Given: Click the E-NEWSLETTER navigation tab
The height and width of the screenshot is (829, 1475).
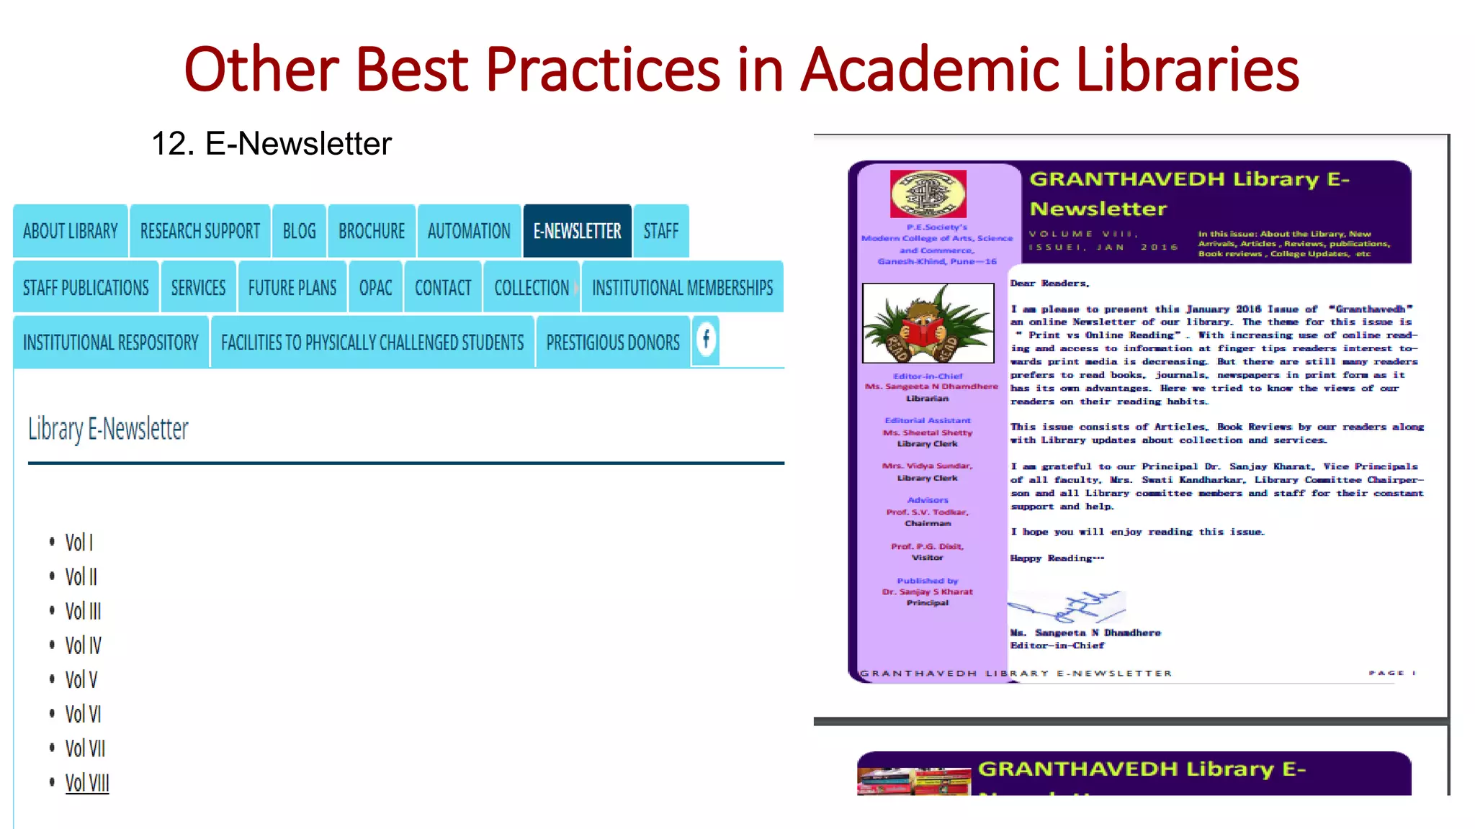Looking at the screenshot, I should [x=577, y=231].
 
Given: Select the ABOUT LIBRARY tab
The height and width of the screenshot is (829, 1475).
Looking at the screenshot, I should [x=70, y=231].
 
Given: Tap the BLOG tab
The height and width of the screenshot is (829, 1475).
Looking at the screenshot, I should [x=299, y=231].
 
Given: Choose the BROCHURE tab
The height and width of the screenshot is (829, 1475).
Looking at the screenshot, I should [x=372, y=231].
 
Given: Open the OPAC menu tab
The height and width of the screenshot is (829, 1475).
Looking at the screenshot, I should [x=375, y=288].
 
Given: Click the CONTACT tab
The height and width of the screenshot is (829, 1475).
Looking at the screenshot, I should [x=443, y=288].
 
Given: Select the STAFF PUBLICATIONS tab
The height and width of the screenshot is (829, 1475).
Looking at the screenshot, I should [x=86, y=288].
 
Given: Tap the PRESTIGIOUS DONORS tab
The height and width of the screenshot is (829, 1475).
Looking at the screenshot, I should [x=613, y=343].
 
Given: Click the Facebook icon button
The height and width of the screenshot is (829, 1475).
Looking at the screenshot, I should [x=707, y=339].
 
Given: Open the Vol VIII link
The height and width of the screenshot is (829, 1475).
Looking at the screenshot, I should [x=87, y=783].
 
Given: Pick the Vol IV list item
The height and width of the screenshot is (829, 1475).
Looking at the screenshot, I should [x=83, y=645].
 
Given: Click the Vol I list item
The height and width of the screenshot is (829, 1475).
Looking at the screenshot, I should [x=79, y=543].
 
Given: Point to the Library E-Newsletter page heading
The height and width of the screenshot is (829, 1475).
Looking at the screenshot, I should [x=108, y=429].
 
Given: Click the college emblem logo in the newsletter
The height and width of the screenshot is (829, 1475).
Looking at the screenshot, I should [x=928, y=194].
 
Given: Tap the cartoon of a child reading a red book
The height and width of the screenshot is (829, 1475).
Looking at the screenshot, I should [x=928, y=323].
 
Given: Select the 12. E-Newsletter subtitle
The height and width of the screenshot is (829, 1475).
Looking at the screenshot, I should [x=272, y=143].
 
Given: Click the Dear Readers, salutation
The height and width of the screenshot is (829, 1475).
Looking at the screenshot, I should [x=1049, y=284].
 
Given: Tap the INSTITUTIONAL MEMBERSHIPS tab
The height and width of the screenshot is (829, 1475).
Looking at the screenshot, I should [x=682, y=288].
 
